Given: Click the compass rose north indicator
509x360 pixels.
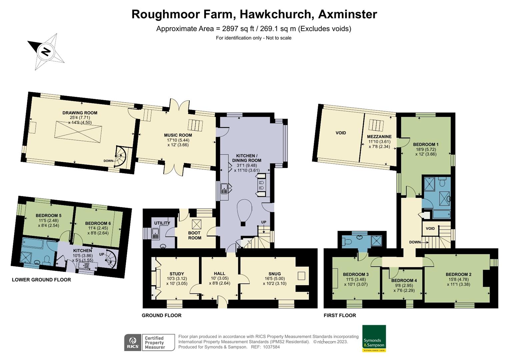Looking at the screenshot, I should [46, 52].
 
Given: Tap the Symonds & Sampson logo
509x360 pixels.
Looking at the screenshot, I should [374, 338].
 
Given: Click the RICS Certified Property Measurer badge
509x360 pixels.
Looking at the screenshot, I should [149, 343].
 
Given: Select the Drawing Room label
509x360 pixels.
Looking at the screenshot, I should [80, 113].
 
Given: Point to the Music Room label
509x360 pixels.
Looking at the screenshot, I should [178, 135].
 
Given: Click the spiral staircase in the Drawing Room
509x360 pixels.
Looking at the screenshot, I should [120, 157].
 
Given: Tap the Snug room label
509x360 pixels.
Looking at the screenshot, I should [274, 274].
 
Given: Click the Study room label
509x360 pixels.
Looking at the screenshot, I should [177, 274].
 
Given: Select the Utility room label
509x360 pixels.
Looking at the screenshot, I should [162, 223].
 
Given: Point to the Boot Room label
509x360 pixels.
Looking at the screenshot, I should [195, 235].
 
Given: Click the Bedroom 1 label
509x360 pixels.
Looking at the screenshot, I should [426, 144].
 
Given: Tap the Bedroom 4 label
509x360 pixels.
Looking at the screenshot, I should [404, 280].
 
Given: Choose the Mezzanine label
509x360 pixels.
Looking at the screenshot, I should [379, 137].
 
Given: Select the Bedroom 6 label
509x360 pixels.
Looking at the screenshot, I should [98, 223].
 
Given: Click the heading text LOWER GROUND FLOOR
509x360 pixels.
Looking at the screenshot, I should [41, 280].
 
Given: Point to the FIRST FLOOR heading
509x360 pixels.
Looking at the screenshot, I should [340, 315].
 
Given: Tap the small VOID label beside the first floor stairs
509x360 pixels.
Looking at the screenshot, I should [430, 229].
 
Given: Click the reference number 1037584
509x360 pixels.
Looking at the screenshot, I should [270, 347].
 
